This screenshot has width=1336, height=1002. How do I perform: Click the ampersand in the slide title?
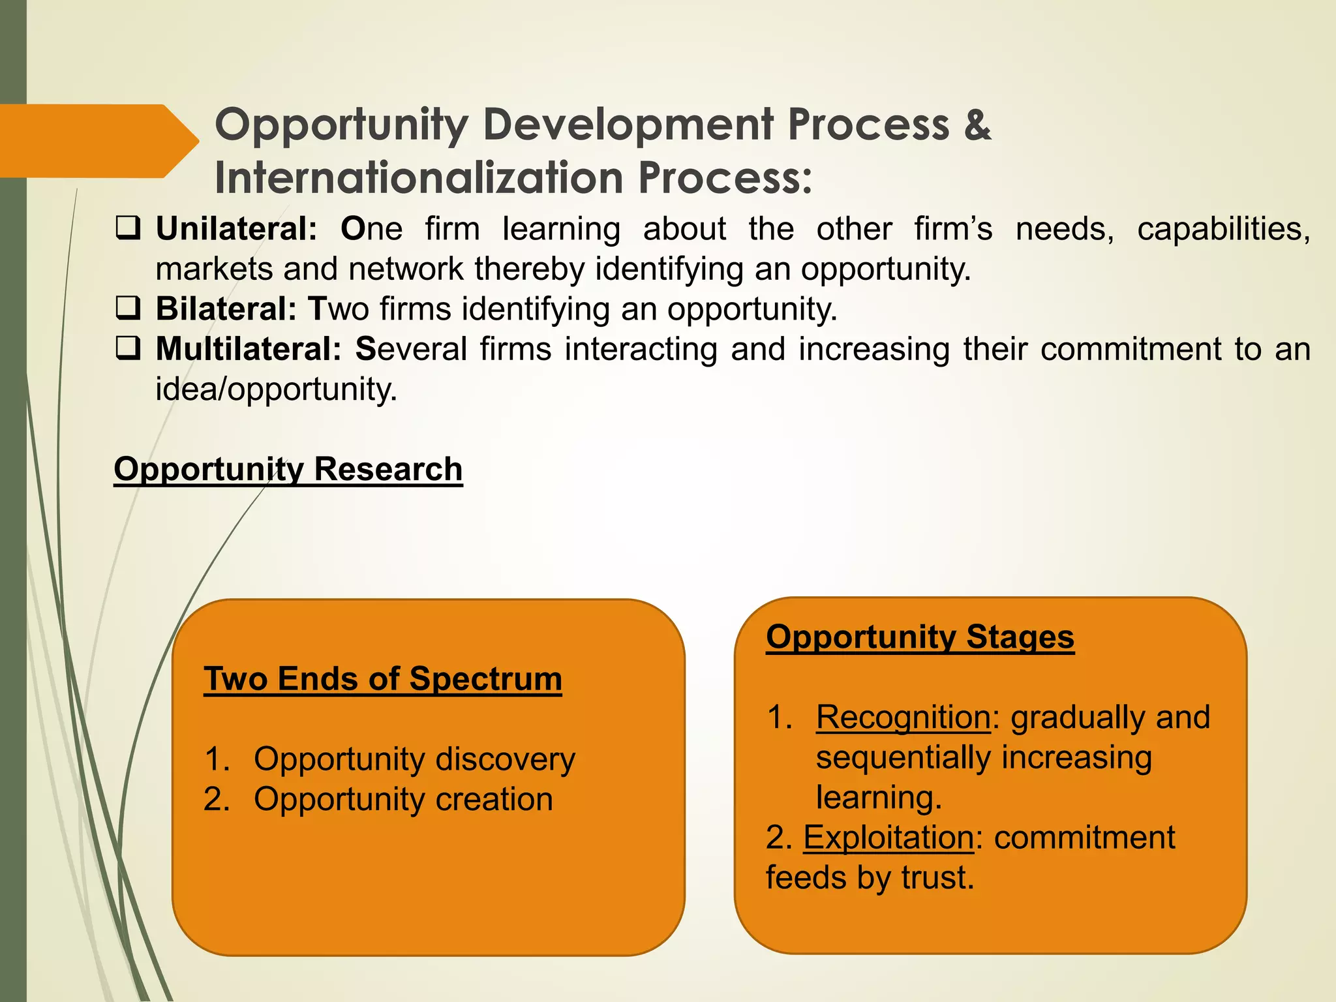[977, 124]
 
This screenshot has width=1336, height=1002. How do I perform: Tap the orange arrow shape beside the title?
[98, 140]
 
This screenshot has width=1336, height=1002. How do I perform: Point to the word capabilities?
[1223, 229]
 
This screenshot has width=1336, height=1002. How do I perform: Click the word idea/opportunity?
[276, 389]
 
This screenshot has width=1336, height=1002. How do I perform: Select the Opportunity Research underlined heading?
[288, 469]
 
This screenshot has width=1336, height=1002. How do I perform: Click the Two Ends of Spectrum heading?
[382, 678]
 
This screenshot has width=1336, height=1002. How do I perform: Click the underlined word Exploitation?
[888, 838]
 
